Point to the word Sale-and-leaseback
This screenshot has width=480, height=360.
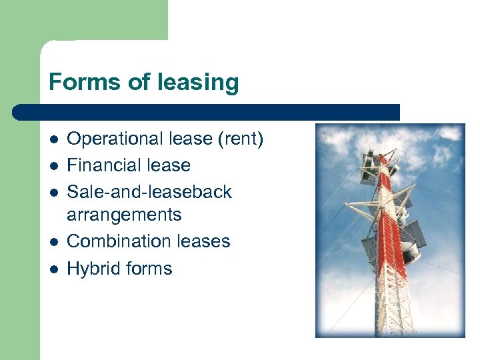149,192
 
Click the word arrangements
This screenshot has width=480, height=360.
124,215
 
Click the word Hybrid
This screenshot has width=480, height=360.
93,269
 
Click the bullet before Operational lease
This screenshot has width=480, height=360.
53,140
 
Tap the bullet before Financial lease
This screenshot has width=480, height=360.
53,166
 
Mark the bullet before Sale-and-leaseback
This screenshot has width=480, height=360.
53,193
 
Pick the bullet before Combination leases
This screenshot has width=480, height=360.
53,242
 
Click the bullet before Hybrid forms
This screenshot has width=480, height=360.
53,269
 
